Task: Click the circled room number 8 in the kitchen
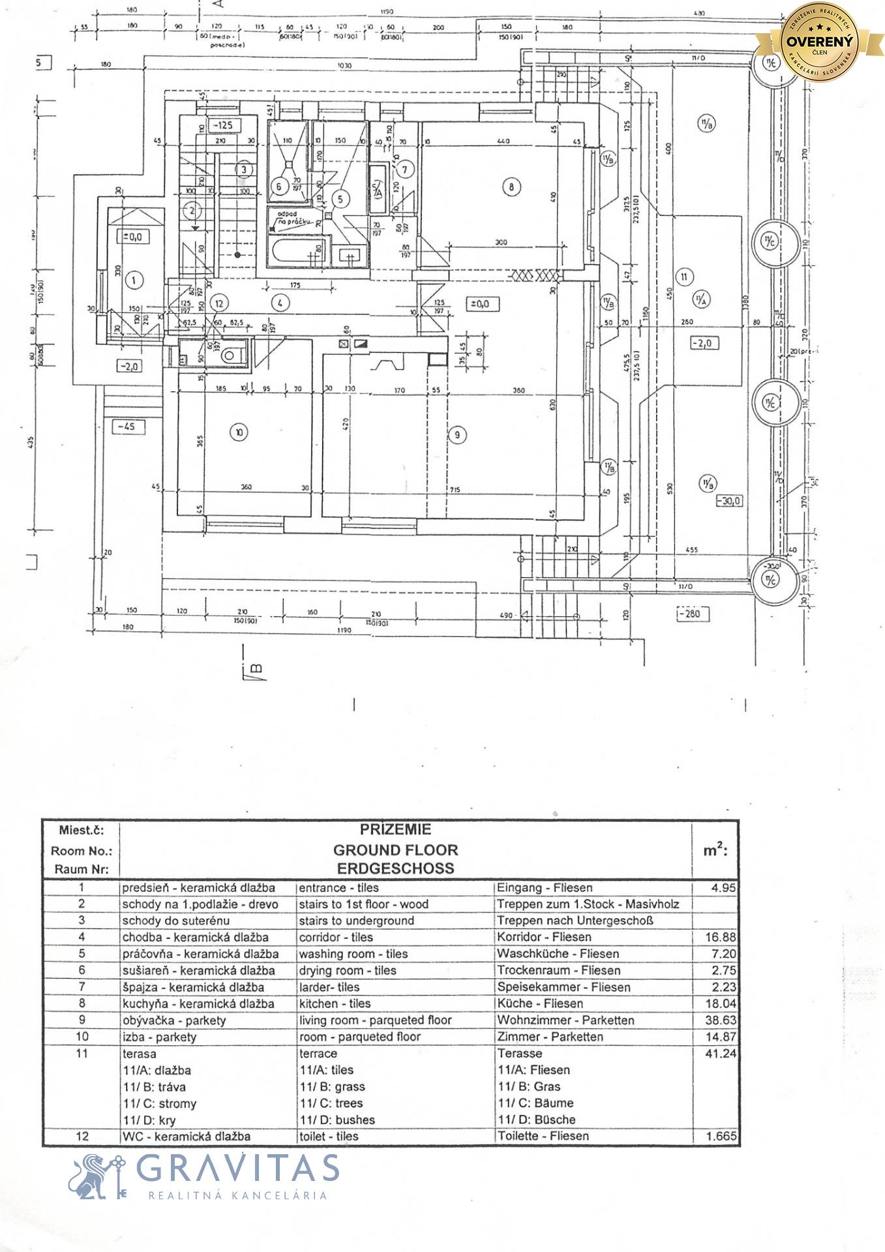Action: click(x=511, y=187)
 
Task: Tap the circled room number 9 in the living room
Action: click(x=458, y=434)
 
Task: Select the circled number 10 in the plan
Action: click(x=239, y=432)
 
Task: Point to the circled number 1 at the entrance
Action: click(x=133, y=281)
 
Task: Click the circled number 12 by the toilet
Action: click(x=220, y=303)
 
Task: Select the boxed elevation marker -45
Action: click(x=127, y=426)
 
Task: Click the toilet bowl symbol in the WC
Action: click(x=230, y=356)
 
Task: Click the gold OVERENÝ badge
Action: click(x=819, y=41)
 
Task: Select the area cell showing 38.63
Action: click(x=719, y=1021)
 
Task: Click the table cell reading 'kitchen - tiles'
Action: click(x=335, y=1004)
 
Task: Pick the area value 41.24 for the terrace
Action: click(x=720, y=1053)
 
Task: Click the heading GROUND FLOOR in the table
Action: click(x=395, y=850)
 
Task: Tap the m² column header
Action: click(x=715, y=850)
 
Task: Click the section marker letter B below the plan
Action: click(x=256, y=668)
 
